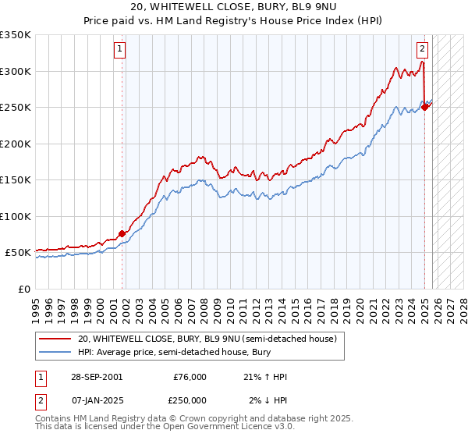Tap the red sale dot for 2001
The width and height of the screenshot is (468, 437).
122,233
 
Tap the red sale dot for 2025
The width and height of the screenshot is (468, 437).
425,107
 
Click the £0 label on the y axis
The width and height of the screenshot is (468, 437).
23,289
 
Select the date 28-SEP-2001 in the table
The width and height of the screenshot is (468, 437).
94,377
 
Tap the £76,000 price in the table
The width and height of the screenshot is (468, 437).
190,377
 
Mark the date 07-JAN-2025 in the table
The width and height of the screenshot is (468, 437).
94,400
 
